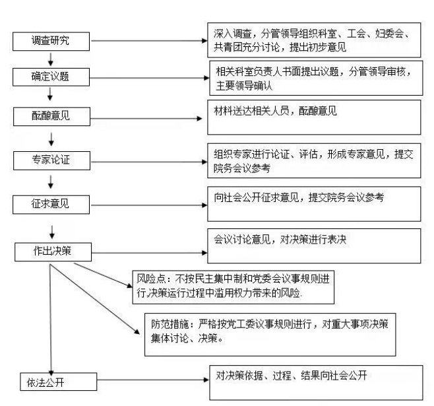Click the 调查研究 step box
coord(51,41)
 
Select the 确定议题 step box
coord(51,77)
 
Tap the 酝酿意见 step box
coord(51,118)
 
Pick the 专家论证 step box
coord(51,161)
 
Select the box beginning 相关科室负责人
coord(314,78)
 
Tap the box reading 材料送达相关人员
coord(314,118)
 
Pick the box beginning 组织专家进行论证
coord(314,160)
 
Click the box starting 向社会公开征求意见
coord(314,203)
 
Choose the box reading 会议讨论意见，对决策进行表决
coord(314,246)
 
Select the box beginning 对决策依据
coord(314,382)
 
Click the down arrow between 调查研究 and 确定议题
coord(51,59)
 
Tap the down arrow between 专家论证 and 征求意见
coord(51,182)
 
